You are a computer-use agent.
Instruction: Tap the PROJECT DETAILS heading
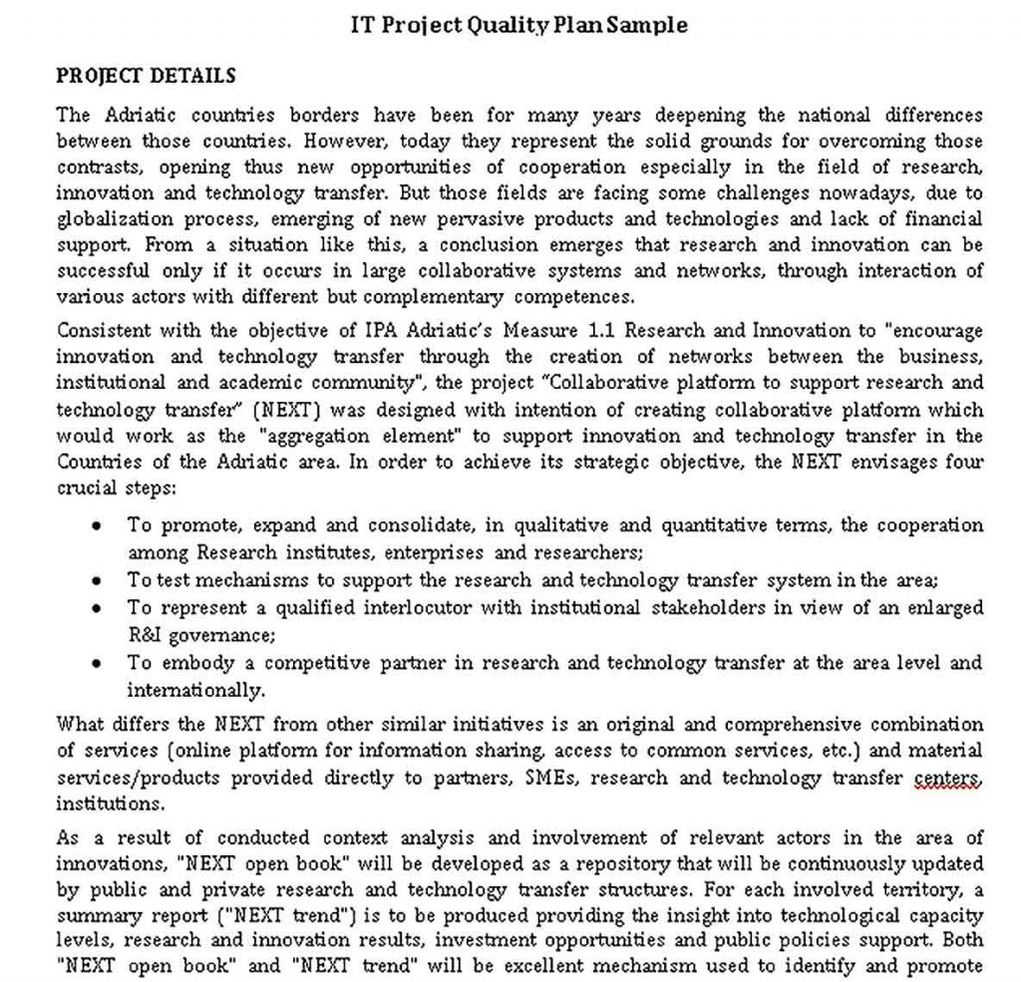coord(146,76)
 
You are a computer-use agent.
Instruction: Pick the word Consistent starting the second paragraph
coord(101,331)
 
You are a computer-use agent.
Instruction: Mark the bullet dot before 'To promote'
coord(97,525)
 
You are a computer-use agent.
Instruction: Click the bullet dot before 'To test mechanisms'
coord(97,580)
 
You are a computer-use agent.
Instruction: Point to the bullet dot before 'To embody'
coord(97,663)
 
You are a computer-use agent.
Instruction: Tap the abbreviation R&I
coord(146,634)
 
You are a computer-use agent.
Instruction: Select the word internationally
coord(195,690)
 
